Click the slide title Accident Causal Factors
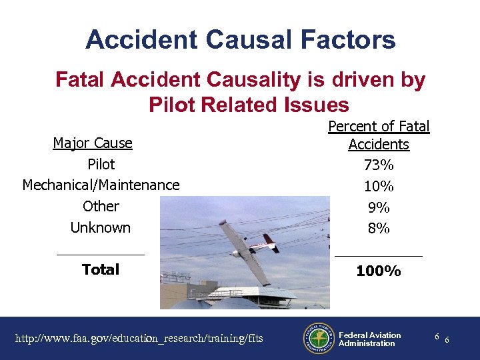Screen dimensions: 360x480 pyautogui.click(x=240, y=40)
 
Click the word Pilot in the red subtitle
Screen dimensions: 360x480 pyautogui.click(x=173, y=105)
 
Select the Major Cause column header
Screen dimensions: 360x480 pyautogui.click(x=93, y=143)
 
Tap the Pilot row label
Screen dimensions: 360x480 pyautogui.click(x=101, y=164)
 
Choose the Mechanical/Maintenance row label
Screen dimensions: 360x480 pyautogui.click(x=101, y=185)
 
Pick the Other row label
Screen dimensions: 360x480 pyautogui.click(x=101, y=206)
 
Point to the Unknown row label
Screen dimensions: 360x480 pyautogui.click(x=101, y=227)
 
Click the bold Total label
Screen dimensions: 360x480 pyautogui.click(x=101, y=269)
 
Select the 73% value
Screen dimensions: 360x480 pyautogui.click(x=378, y=164)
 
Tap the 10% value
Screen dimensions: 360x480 pyautogui.click(x=378, y=185)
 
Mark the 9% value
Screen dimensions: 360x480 pyautogui.click(x=378, y=207)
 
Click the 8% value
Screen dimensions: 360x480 pyautogui.click(x=378, y=228)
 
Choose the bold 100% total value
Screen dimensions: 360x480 pyautogui.click(x=378, y=271)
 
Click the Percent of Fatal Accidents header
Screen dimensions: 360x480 pyautogui.click(x=379, y=135)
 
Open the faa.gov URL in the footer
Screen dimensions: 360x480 pyautogui.click(x=139, y=339)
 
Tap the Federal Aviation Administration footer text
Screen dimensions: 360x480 pyautogui.click(x=369, y=339)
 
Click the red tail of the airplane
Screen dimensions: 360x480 pyautogui.click(x=270, y=241)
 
